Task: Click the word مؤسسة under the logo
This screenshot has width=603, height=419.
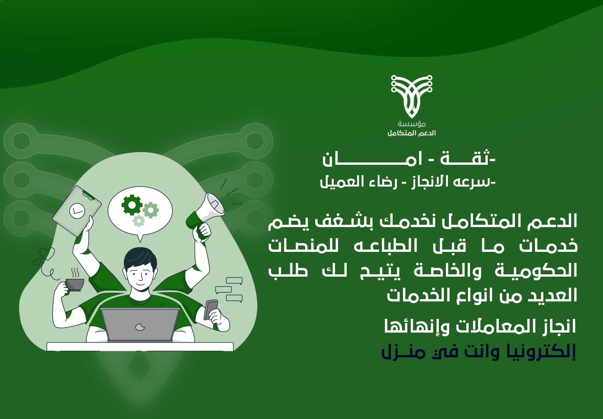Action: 412,124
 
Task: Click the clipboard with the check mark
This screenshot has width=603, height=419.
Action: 77,211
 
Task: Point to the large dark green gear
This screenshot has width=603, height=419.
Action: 132,205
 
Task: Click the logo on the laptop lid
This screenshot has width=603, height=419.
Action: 140,326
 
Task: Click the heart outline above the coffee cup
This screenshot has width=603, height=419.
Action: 47,254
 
